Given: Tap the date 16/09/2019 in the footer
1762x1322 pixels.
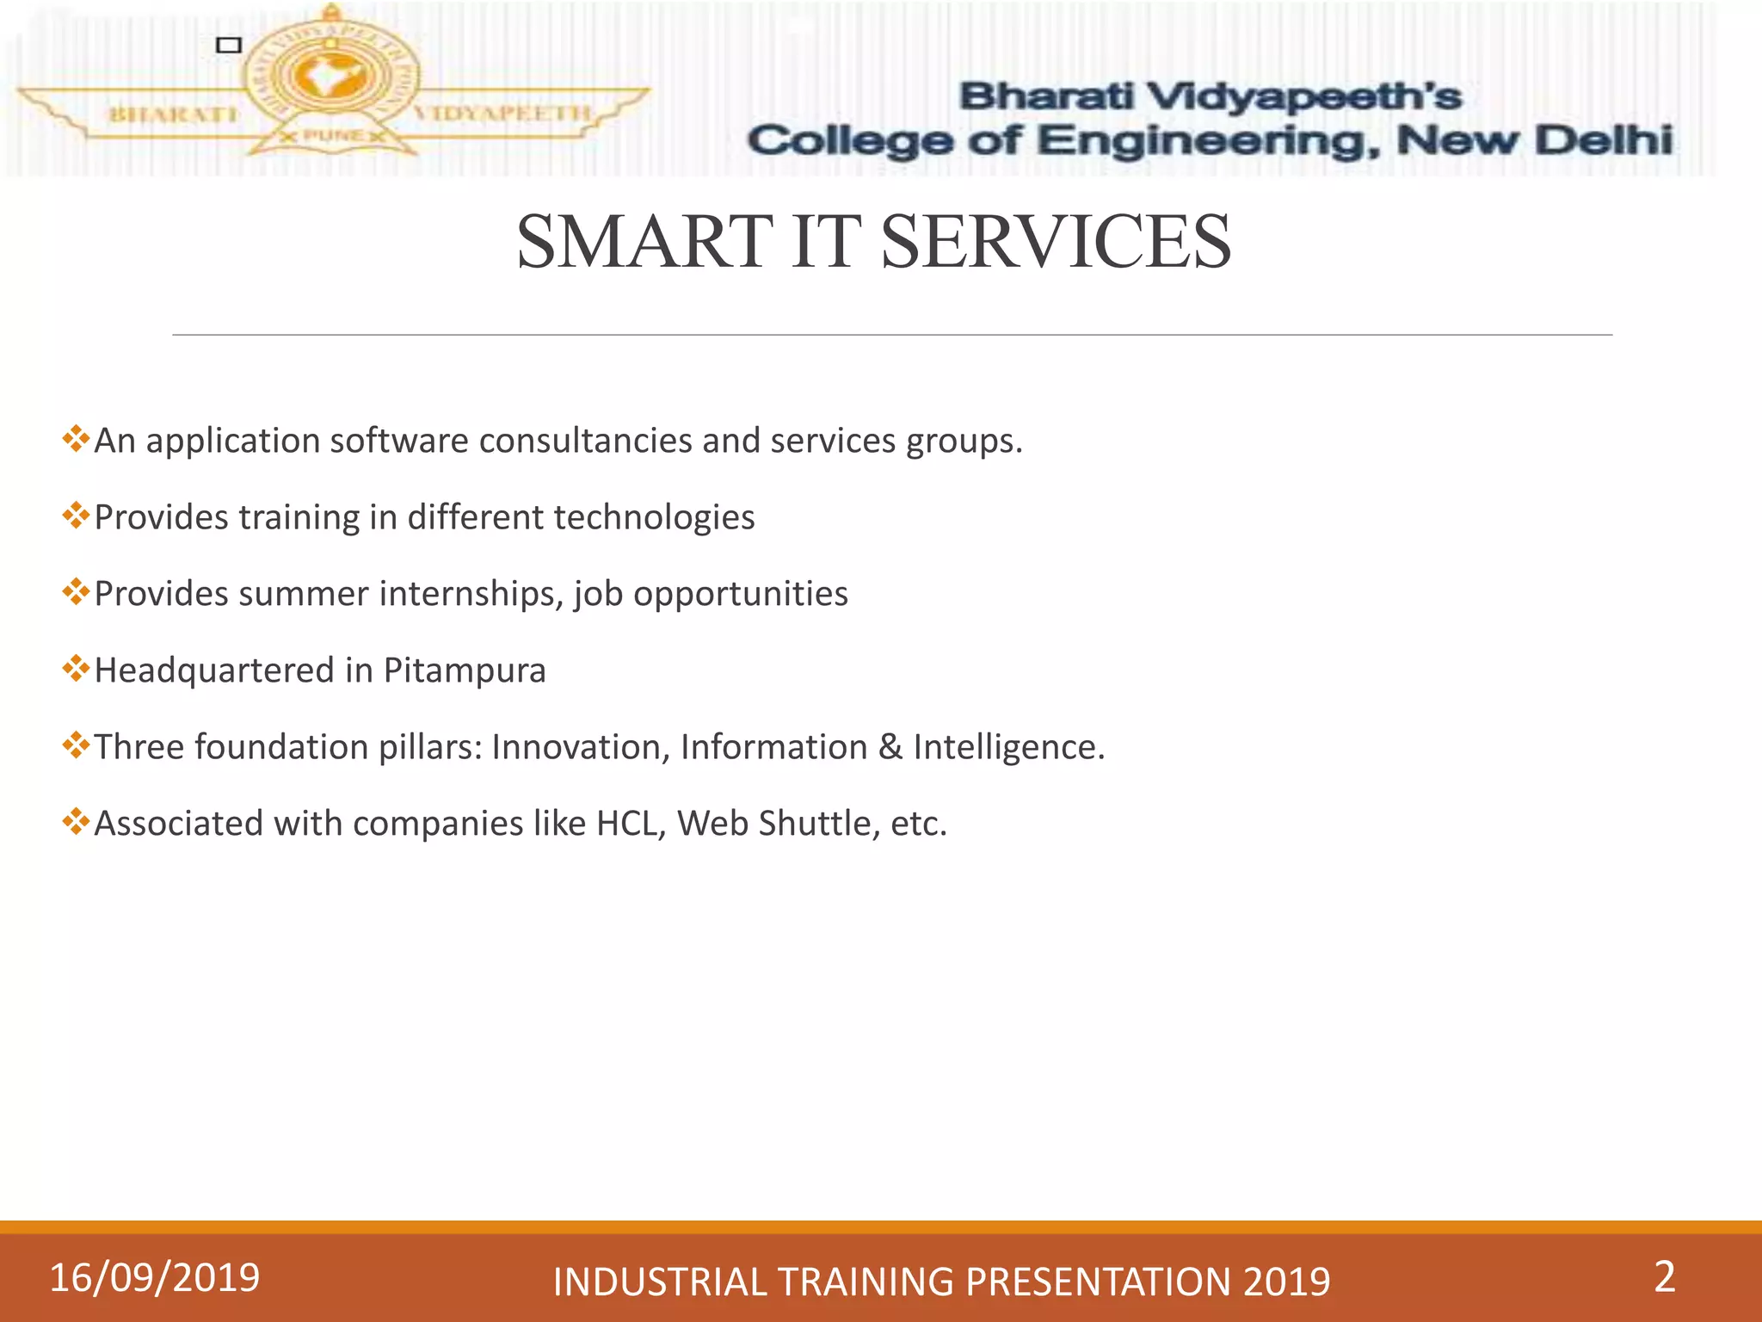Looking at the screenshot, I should [155, 1277].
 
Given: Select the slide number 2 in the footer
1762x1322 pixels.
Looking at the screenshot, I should [1664, 1276].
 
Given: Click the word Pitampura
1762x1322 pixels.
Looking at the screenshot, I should [465, 670].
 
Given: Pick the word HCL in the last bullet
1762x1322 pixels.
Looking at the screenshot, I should [630, 824].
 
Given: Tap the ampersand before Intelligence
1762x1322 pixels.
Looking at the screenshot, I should [890, 747].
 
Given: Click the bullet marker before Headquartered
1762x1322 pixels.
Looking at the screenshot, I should [76, 669].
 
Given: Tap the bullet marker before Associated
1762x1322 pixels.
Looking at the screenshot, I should [76, 822].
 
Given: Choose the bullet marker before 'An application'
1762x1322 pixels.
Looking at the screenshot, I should [76, 439].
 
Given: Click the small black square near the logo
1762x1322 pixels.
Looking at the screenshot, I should [228, 45].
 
